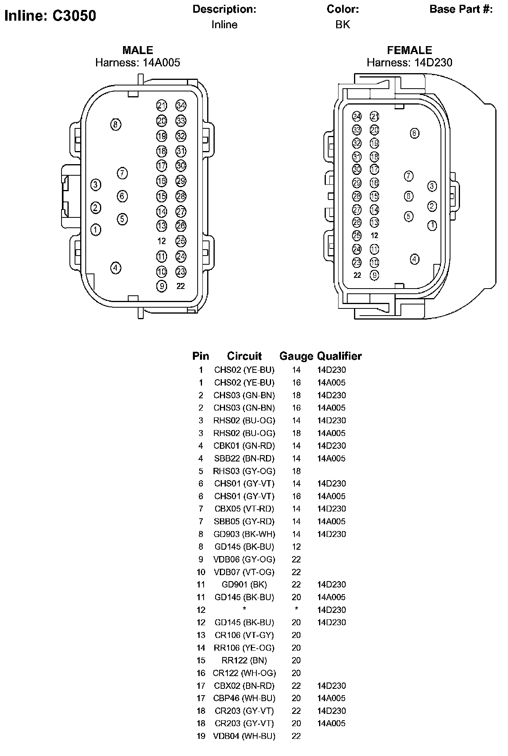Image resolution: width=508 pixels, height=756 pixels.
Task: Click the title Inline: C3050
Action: click(x=50, y=16)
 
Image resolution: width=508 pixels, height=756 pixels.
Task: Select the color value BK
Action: click(x=343, y=25)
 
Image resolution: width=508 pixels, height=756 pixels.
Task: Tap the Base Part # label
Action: click(x=461, y=9)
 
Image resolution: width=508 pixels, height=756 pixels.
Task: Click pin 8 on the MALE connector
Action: click(x=115, y=125)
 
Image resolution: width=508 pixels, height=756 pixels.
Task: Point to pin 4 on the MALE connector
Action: click(x=115, y=268)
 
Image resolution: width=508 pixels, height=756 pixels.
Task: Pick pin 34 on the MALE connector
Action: click(x=181, y=106)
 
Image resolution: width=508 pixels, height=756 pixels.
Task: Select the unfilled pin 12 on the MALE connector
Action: click(x=162, y=241)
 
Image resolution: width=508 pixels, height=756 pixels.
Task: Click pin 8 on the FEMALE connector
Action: click(x=414, y=133)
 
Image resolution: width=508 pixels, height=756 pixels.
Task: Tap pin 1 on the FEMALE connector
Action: click(x=432, y=226)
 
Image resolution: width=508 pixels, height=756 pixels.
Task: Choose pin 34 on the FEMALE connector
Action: click(x=357, y=116)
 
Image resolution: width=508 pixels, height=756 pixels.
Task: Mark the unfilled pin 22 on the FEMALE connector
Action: click(x=357, y=275)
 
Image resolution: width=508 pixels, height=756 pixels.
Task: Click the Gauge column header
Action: click(x=296, y=356)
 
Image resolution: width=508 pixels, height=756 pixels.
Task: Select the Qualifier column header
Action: click(x=339, y=356)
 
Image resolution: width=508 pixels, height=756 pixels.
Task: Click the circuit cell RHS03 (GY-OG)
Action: click(x=244, y=471)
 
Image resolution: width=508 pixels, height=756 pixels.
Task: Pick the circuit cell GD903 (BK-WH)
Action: click(x=244, y=534)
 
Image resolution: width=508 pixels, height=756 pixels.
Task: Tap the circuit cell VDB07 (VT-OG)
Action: click(x=244, y=572)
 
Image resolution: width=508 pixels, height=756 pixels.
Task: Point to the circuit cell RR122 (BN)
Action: click(x=244, y=660)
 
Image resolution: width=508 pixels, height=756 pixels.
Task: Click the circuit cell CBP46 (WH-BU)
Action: click(x=244, y=698)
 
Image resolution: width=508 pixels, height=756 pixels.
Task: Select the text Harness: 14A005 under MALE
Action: click(x=138, y=62)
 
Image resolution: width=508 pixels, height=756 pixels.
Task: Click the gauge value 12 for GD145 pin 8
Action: click(x=296, y=547)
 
